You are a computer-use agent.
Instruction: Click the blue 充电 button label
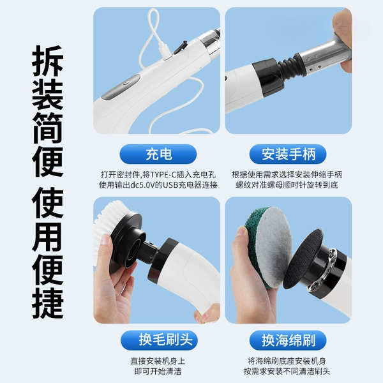[x=158, y=154]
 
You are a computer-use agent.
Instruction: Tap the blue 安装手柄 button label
[x=288, y=154]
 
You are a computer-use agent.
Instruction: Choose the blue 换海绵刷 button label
[x=288, y=340]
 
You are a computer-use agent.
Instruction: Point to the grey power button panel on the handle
[x=121, y=87]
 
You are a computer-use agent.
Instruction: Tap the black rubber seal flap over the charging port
[x=180, y=47]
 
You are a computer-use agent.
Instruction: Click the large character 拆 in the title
[x=48, y=61]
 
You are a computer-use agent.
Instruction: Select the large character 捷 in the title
[x=48, y=303]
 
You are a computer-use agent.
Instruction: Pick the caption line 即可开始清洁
[x=158, y=372]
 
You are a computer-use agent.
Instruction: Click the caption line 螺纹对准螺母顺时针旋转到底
[x=287, y=185]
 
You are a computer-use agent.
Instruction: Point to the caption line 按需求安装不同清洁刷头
[x=287, y=372]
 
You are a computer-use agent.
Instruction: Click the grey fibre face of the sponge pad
[x=274, y=246]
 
